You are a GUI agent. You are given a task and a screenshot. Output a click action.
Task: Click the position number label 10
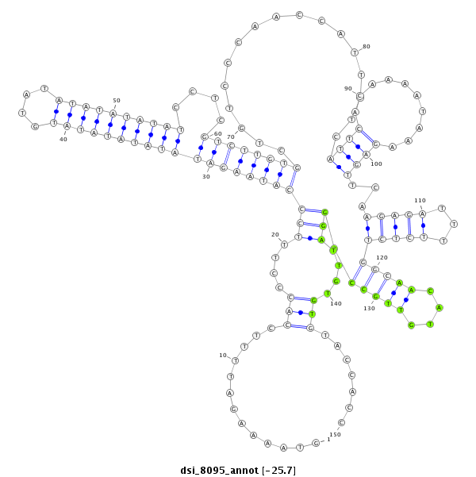point(224,355)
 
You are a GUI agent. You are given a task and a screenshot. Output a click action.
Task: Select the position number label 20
point(274,234)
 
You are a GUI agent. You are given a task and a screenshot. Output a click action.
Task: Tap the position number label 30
point(206,176)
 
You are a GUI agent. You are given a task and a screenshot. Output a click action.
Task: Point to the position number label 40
point(63,138)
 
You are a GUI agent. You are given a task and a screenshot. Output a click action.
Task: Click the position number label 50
point(117,101)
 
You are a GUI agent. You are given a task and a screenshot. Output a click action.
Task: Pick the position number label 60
point(218,133)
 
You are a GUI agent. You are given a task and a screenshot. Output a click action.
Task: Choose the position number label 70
point(231,137)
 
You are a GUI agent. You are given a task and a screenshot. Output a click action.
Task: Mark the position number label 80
point(367,47)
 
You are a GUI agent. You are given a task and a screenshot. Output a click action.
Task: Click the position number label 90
point(348,88)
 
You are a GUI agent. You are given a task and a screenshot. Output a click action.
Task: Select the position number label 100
point(376,163)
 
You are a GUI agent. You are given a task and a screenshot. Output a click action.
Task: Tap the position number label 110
point(420,200)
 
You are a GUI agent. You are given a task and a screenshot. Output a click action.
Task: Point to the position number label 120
point(382,257)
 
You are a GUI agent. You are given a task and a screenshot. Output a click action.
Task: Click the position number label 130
point(369,308)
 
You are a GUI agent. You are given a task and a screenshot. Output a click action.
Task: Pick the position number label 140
point(336,303)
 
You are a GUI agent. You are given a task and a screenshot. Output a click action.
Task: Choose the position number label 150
point(336,434)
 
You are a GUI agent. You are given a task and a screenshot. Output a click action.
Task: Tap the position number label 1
point(328,439)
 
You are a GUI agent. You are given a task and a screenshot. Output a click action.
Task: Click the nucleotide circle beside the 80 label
point(353,52)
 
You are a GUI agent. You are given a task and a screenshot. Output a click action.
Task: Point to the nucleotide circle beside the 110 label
point(423,213)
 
